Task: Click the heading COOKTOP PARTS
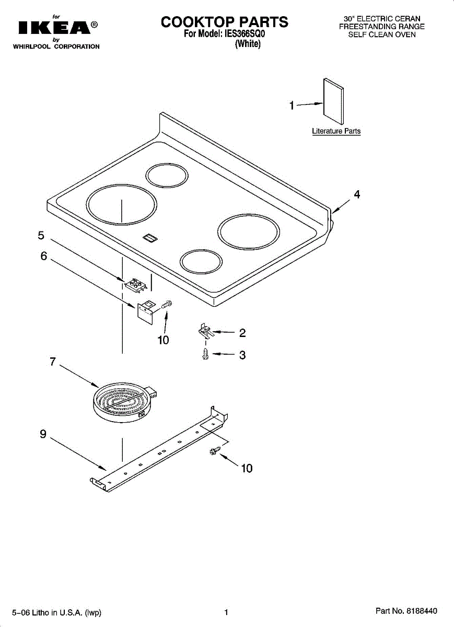(224, 22)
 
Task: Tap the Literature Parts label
(336, 131)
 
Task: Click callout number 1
(292, 106)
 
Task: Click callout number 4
(357, 195)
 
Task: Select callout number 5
(41, 236)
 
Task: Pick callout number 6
(44, 257)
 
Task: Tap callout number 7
(53, 362)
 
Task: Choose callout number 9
(43, 434)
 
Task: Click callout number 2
(242, 333)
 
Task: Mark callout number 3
(242, 355)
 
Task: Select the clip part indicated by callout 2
(204, 331)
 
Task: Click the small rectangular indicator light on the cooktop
(150, 238)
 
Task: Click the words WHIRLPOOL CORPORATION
(56, 47)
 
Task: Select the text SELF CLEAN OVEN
(382, 34)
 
